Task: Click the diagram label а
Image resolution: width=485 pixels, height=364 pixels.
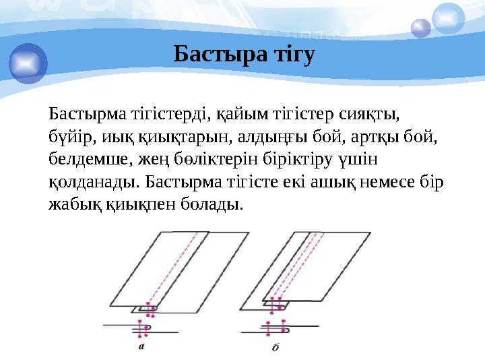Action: tap(142, 347)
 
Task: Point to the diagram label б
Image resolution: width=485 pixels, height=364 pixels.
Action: tap(275, 348)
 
